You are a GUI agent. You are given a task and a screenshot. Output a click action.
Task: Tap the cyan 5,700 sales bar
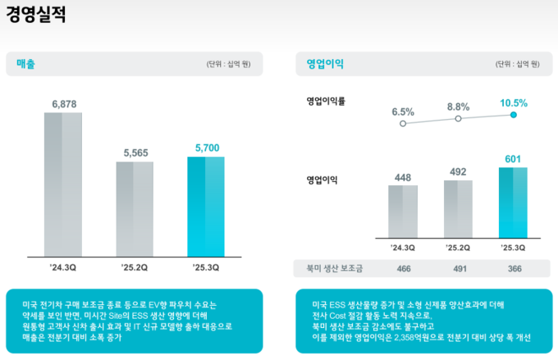tap(206, 206)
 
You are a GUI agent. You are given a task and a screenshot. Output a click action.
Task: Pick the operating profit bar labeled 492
tap(458, 209)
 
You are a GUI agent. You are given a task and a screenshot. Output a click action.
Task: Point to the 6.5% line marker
tap(402, 123)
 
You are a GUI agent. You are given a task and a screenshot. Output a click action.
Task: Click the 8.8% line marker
tap(458, 119)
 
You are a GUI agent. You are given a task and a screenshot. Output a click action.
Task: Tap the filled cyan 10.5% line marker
tap(513, 115)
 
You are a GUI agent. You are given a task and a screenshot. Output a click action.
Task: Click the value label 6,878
tap(63, 104)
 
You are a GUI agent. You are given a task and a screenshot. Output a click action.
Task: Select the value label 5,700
tap(207, 148)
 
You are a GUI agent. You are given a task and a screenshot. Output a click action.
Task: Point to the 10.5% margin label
tap(513, 103)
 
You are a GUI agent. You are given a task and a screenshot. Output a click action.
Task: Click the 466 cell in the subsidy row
tap(402, 269)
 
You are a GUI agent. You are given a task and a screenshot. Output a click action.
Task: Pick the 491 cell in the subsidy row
tap(458, 269)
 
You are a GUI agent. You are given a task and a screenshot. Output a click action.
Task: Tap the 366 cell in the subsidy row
tap(513, 269)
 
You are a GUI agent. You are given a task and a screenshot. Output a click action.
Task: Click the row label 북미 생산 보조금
tap(328, 269)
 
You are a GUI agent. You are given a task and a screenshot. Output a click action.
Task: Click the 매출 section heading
tap(25, 63)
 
